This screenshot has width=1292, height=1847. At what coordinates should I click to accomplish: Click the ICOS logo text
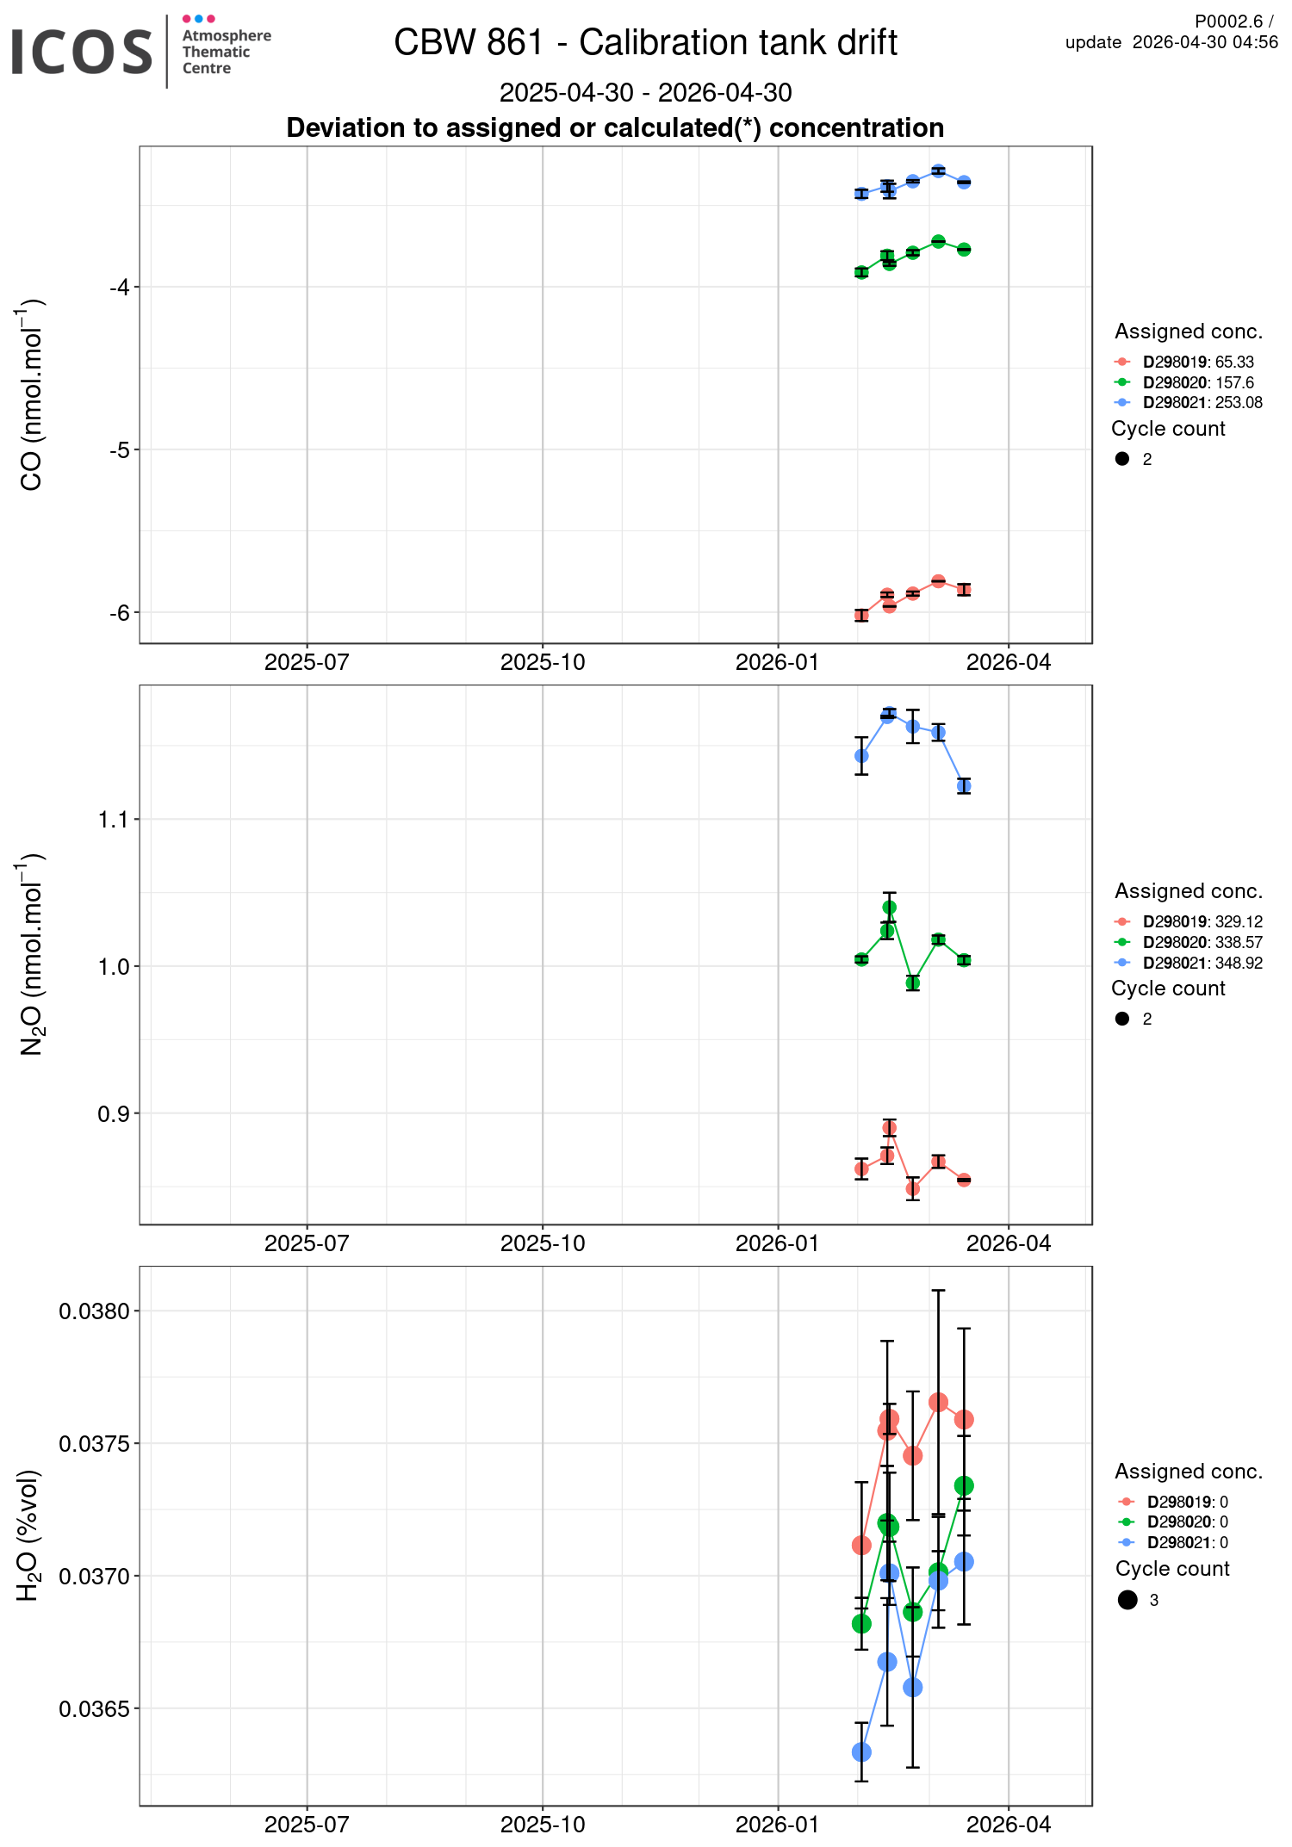tap(82, 52)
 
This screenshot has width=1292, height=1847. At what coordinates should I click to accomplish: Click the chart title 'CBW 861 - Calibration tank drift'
tap(645, 42)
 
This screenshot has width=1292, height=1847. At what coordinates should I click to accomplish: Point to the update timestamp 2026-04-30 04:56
tap(1204, 43)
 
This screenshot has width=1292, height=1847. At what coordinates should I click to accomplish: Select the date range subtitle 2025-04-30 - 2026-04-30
tap(645, 92)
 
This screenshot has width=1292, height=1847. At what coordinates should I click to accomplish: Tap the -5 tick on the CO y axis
tap(119, 449)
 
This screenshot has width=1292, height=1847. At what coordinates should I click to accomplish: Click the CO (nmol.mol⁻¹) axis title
tap(31, 394)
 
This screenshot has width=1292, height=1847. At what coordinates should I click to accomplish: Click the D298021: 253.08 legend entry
tap(1202, 402)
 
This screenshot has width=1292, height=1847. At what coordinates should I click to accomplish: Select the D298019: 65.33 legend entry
tap(1197, 362)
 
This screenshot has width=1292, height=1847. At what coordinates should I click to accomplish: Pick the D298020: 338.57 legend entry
tap(1202, 942)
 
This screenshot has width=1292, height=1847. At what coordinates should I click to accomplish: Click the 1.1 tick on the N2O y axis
tap(113, 819)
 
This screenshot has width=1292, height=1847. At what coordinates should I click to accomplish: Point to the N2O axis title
tap(31, 954)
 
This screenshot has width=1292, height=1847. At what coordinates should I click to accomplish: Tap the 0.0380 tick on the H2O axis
tap(94, 1311)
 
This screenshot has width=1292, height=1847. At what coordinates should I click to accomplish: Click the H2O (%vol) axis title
tap(29, 1536)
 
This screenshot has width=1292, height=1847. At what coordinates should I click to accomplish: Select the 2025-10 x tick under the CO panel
tap(543, 662)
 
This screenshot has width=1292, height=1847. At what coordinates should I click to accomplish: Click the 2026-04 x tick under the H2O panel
tap(1008, 1824)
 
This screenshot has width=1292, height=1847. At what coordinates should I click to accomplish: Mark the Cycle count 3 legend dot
tap(1127, 1600)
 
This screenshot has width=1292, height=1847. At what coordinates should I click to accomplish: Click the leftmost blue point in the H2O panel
tap(861, 1752)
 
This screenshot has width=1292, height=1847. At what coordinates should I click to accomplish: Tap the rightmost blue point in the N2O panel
tap(964, 785)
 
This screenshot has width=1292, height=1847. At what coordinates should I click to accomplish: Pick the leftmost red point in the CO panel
tap(861, 615)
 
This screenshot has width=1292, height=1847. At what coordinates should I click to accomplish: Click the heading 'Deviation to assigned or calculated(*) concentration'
tap(615, 127)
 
